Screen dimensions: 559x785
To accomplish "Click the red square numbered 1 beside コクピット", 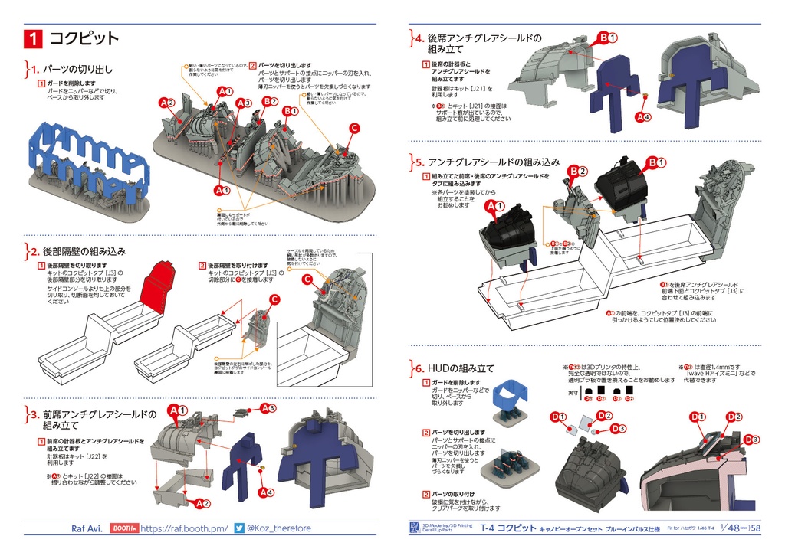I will (34, 38).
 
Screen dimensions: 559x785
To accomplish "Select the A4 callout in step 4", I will (643, 117).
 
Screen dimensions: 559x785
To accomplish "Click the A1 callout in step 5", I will (493, 207).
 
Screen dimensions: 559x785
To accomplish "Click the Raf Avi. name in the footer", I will (86, 528).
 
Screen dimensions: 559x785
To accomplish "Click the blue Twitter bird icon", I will (239, 528).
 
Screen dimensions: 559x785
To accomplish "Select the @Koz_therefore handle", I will (279, 528).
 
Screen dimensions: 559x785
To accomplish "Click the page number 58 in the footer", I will (755, 528).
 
